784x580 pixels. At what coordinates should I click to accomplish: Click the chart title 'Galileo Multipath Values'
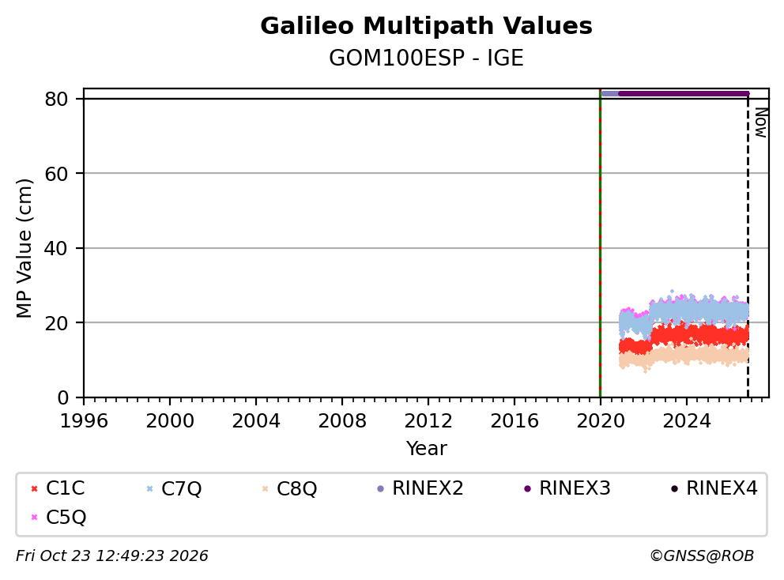pyautogui.click(x=426, y=26)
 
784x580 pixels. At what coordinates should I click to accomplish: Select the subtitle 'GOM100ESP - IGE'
pyautogui.click(x=426, y=58)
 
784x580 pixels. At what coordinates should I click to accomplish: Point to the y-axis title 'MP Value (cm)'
pyautogui.click(x=24, y=248)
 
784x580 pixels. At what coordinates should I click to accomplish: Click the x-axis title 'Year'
pyautogui.click(x=426, y=449)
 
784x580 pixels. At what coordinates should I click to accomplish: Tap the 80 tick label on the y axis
pyautogui.click(x=56, y=99)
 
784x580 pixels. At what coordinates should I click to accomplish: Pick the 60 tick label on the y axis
pyautogui.click(x=56, y=174)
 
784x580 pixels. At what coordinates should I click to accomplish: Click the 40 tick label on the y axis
pyautogui.click(x=56, y=248)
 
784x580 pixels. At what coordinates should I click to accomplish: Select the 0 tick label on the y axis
pyautogui.click(x=63, y=398)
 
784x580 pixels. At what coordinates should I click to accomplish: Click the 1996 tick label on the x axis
pyautogui.click(x=84, y=421)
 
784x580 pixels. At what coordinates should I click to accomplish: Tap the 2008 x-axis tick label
pyautogui.click(x=342, y=421)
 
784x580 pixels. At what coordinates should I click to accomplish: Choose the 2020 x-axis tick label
pyautogui.click(x=601, y=421)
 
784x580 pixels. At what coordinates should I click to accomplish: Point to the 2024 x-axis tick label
pyautogui.click(x=687, y=421)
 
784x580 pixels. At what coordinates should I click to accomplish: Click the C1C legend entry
pyautogui.click(x=58, y=488)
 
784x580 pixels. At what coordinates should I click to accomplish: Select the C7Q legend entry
pyautogui.click(x=174, y=488)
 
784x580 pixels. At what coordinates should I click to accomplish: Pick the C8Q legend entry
pyautogui.click(x=289, y=488)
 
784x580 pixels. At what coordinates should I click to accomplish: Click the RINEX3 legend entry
pyautogui.click(x=567, y=488)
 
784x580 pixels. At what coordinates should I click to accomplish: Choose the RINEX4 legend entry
pyautogui.click(x=714, y=488)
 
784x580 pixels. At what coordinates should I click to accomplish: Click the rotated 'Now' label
pyautogui.click(x=761, y=122)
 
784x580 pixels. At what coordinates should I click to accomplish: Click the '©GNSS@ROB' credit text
pyautogui.click(x=702, y=556)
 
